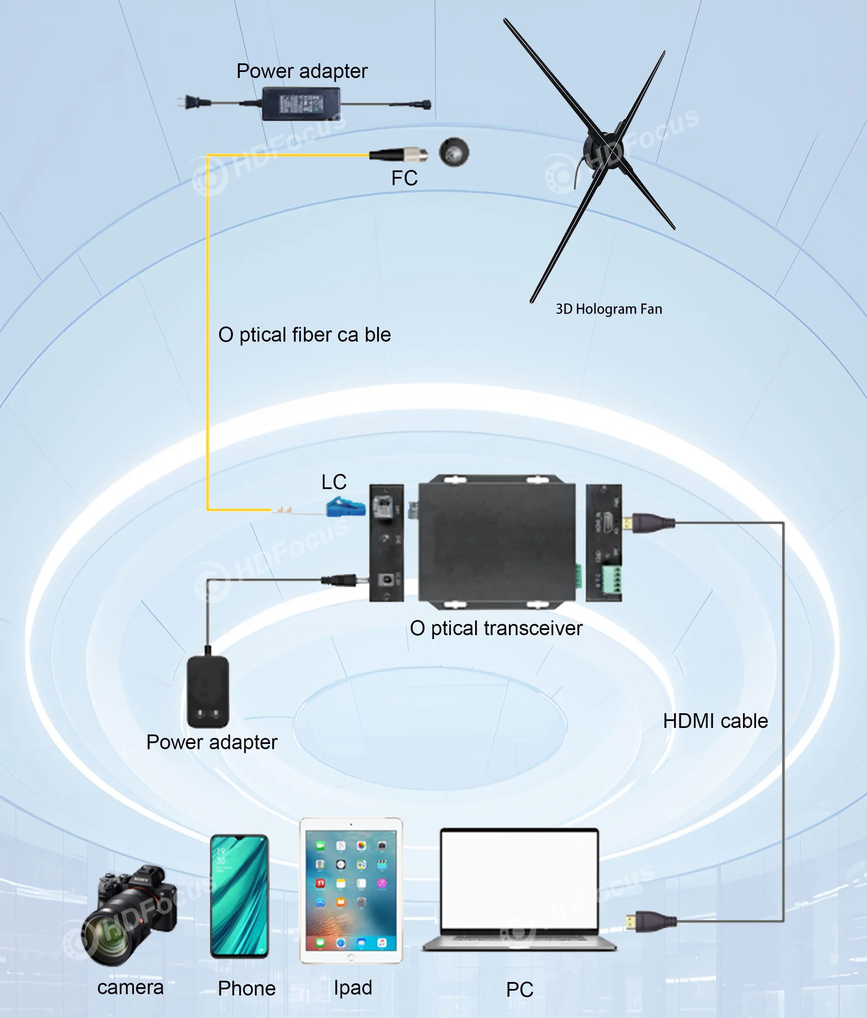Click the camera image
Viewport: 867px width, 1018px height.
[130, 916]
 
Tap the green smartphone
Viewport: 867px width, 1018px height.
[239, 896]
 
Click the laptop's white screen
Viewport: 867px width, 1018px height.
[519, 879]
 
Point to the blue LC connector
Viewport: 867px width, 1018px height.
[346, 507]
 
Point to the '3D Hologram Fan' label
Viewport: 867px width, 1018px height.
[609, 309]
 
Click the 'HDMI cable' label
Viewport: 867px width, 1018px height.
[715, 721]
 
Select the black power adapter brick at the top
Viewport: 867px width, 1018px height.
[300, 103]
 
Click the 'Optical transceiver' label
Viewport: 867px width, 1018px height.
[496, 628]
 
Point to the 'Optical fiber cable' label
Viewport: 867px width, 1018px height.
[305, 335]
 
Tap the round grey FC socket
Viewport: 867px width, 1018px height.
[454, 152]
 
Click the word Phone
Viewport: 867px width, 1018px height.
[247, 988]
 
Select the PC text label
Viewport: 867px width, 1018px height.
[520, 989]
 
